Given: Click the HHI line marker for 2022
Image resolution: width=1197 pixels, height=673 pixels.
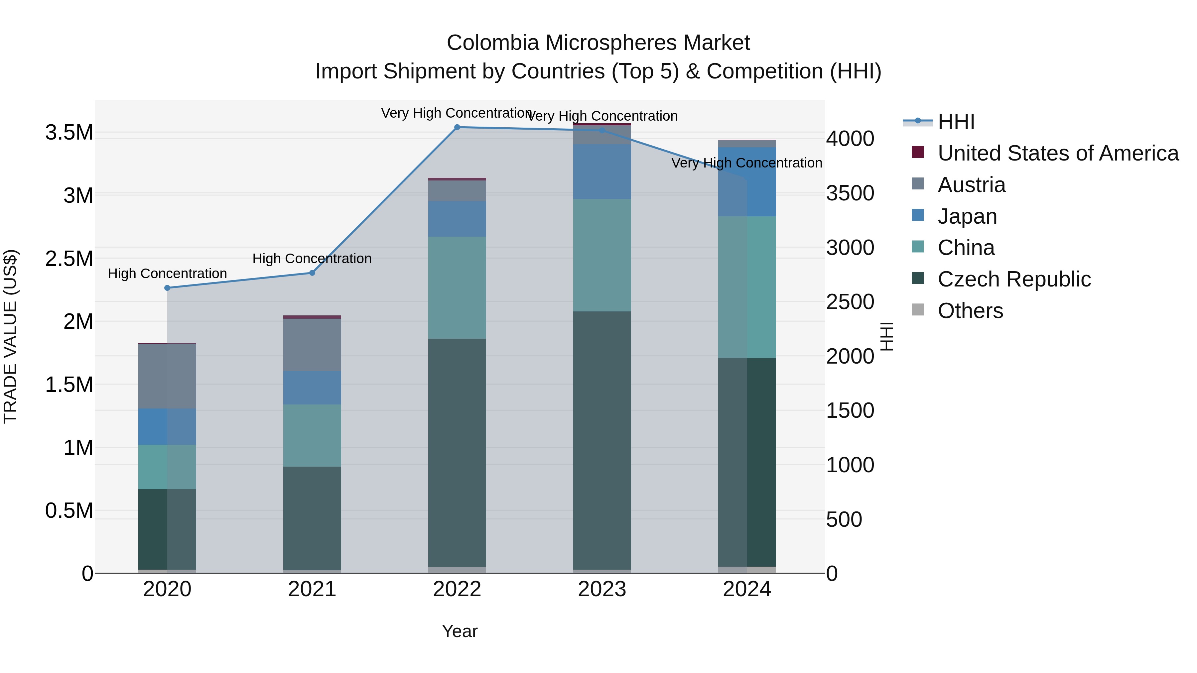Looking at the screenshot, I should click(x=457, y=127).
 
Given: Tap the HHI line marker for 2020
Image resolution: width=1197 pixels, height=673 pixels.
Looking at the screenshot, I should click(x=167, y=288).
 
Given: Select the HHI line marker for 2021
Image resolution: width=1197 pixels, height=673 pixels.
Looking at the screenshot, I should click(x=312, y=273).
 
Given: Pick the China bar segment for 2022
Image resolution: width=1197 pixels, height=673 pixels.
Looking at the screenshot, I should click(x=457, y=287).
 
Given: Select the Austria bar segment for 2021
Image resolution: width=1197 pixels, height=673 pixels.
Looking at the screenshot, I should click(x=312, y=345).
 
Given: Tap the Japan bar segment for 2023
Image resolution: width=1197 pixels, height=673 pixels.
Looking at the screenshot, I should click(x=602, y=171).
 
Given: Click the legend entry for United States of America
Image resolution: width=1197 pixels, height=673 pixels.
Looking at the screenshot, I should click(x=1058, y=153).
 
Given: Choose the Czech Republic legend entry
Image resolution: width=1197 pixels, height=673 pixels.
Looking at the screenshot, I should click(x=1014, y=279).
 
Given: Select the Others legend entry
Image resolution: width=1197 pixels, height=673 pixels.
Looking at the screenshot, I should click(x=970, y=311).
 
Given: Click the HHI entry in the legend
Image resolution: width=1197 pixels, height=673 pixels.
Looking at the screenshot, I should click(x=956, y=122).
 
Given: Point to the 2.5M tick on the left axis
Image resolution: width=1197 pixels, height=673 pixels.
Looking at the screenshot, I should click(x=69, y=258).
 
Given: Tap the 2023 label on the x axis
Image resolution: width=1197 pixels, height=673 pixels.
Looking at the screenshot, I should click(x=602, y=589).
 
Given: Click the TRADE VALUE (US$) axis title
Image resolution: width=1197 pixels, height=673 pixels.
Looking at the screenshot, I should click(x=10, y=336).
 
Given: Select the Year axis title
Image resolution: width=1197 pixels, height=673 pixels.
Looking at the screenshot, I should click(x=460, y=631).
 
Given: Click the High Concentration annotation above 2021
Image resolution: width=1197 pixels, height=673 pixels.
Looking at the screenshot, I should click(x=312, y=259).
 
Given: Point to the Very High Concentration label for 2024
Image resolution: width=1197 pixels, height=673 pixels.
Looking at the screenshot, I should click(x=747, y=163).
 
